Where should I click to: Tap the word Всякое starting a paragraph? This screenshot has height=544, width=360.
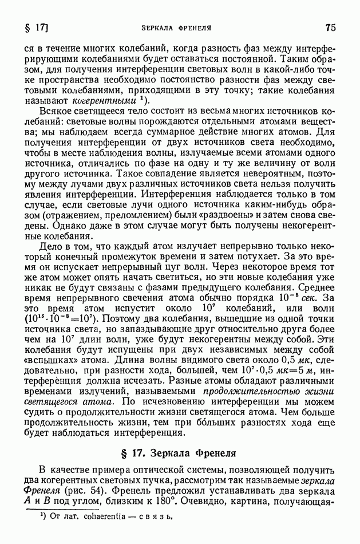[x=57, y=111]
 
